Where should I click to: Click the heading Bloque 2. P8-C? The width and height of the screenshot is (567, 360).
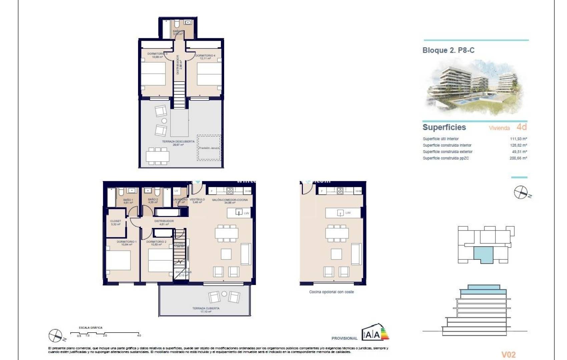tap(448, 50)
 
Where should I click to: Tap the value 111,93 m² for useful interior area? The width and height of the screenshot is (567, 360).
tap(518, 139)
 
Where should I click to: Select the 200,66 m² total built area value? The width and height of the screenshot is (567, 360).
tap(518, 158)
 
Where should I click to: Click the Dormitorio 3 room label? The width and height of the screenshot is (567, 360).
tap(157, 55)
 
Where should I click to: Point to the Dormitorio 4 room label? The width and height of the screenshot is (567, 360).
tap(205, 57)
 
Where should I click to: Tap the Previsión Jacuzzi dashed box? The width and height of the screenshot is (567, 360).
tap(209, 148)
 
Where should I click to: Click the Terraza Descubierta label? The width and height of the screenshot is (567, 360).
tap(178, 143)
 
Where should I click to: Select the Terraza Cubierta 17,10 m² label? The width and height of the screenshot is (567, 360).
tap(206, 310)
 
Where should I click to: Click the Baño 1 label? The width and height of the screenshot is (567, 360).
tap(128, 201)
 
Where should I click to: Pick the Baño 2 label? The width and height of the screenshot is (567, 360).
tap(153, 201)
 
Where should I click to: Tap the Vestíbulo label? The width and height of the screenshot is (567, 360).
tap(197, 201)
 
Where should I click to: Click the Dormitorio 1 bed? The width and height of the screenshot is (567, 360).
tap(118, 260)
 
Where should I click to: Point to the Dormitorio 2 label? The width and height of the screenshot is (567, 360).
tap(156, 243)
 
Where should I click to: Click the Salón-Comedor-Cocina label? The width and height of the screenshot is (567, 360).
tap(230, 201)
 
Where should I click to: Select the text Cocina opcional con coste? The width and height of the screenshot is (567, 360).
tap(331, 292)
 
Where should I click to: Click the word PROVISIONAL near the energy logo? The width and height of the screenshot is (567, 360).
tap(344, 338)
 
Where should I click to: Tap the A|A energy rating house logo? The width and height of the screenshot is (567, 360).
tap(375, 332)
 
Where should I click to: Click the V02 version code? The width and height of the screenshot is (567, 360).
tap(508, 355)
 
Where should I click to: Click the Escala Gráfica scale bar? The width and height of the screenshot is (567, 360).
tap(105, 333)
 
